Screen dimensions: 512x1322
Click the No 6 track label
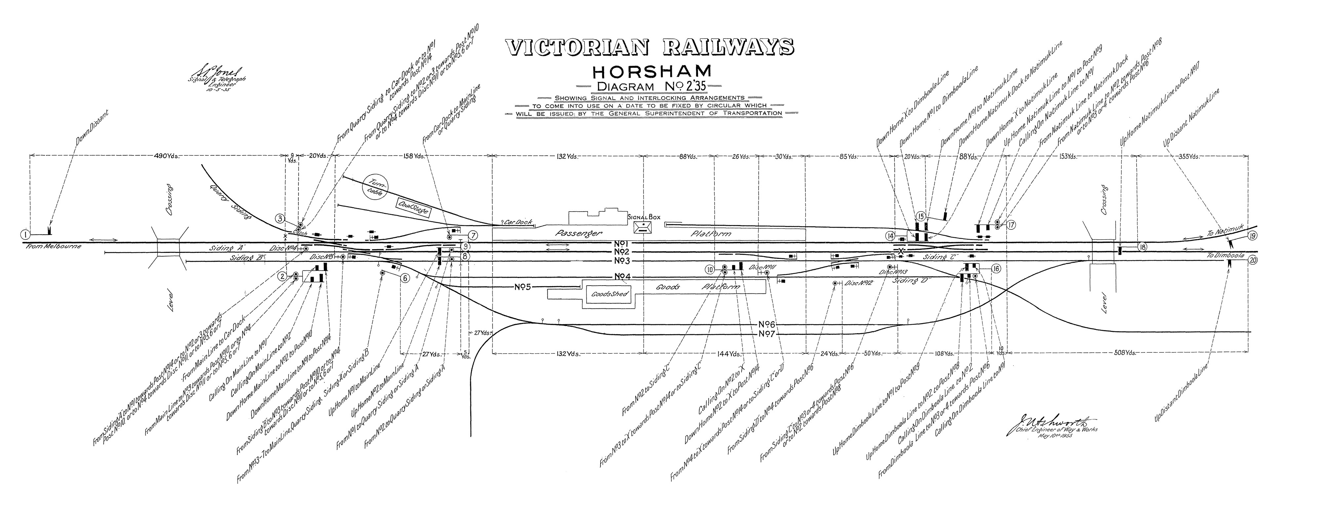768,324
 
